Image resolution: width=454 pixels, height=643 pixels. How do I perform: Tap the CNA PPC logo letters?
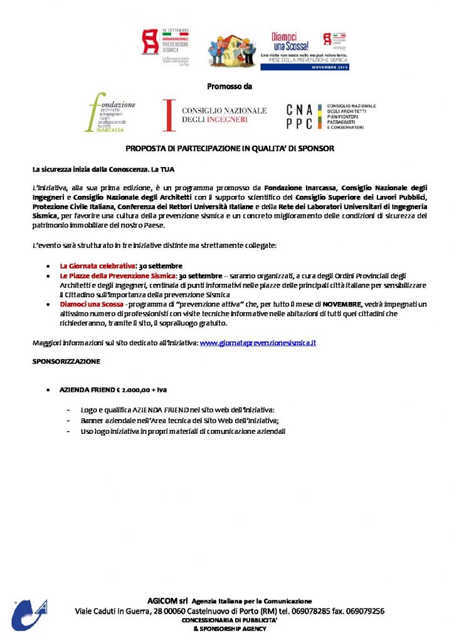click(300, 116)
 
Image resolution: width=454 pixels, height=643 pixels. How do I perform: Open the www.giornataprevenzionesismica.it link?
click(257, 343)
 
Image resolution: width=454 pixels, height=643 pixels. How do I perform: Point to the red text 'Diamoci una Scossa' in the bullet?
click(92, 305)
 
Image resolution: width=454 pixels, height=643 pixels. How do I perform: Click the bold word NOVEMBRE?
click(342, 305)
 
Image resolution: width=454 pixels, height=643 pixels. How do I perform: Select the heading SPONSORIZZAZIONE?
click(66, 362)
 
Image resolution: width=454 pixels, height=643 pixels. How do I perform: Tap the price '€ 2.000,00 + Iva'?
click(140, 390)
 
